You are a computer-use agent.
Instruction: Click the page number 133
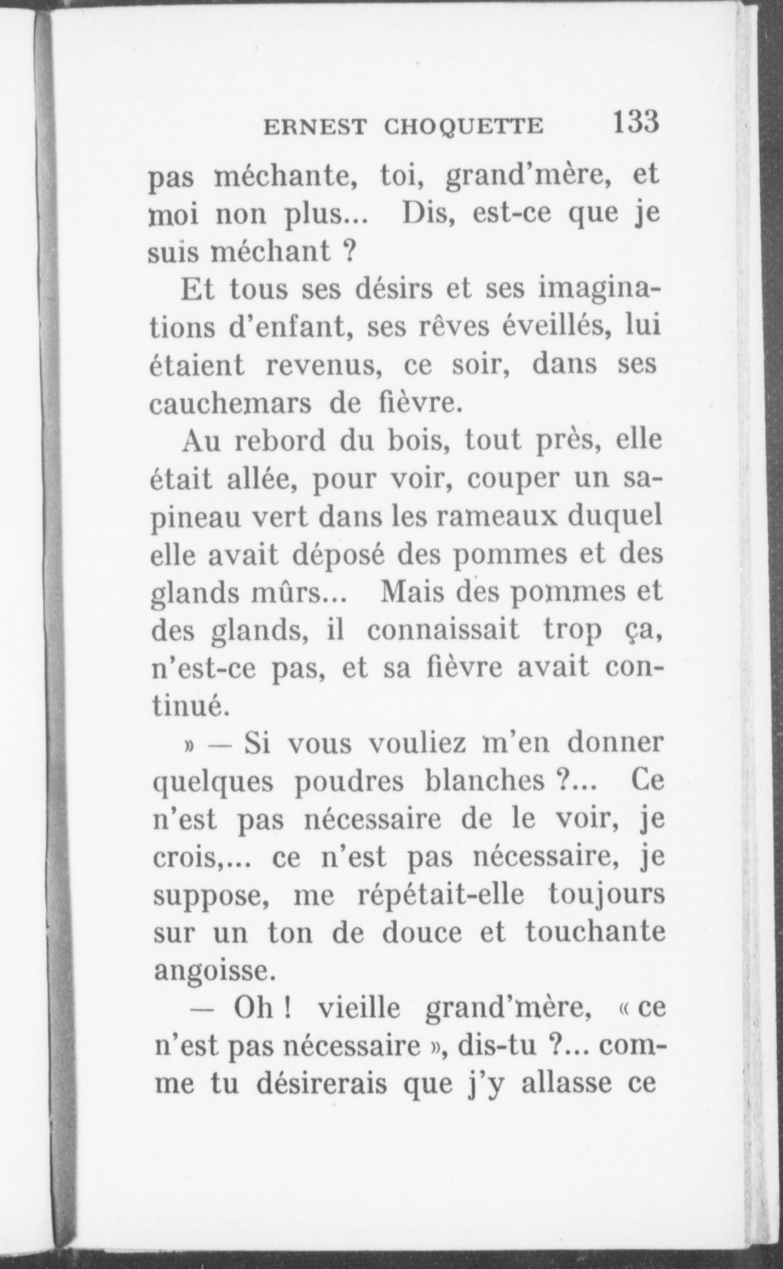[636, 122]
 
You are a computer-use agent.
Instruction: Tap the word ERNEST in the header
[314, 127]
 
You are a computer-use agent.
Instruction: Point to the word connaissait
[442, 629]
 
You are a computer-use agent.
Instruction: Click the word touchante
[595, 933]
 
